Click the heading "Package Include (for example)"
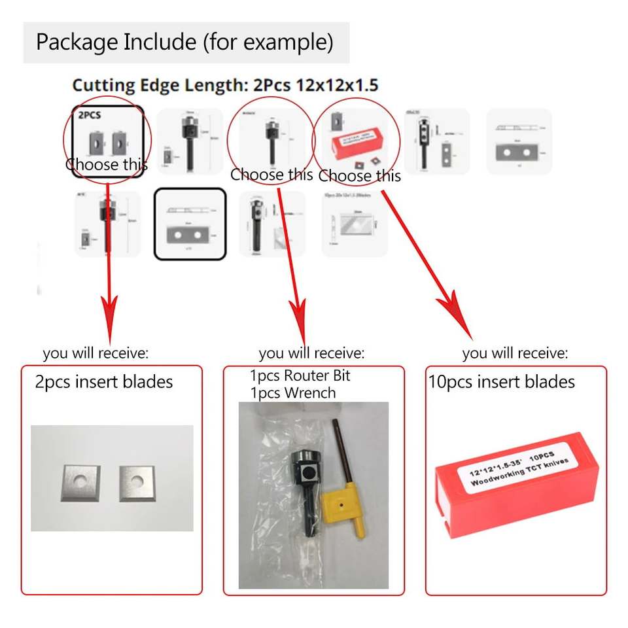(x=184, y=43)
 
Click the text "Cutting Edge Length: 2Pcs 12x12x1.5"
(x=225, y=85)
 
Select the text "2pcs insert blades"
(x=104, y=382)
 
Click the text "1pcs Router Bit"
(x=300, y=376)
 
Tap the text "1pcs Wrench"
(x=292, y=393)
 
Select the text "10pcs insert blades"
(x=501, y=382)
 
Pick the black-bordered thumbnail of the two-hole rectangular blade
(x=190, y=224)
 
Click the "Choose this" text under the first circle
(x=107, y=165)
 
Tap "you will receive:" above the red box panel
(x=515, y=354)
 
